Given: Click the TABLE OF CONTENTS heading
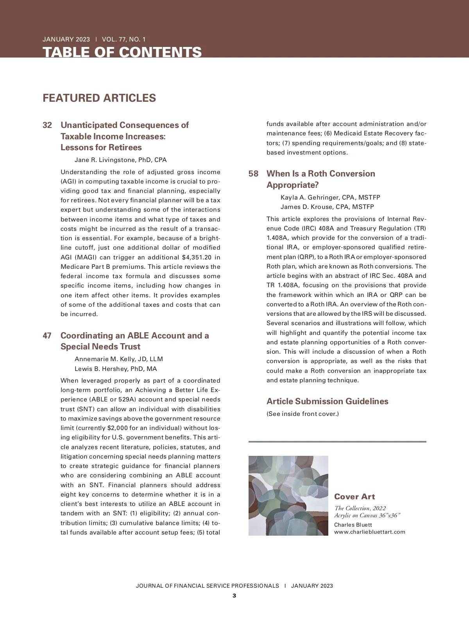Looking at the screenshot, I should [122, 52].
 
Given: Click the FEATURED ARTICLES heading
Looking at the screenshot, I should [99, 98].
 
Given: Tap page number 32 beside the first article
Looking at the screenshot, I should [47, 125].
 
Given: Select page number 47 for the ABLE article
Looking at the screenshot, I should [47, 336].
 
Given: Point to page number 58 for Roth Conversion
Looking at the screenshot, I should [253, 174].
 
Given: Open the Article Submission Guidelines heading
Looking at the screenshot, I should [327, 401].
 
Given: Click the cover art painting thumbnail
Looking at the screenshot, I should [288, 495].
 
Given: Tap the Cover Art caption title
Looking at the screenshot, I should [354, 497].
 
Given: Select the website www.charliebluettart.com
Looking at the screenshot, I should [369, 532].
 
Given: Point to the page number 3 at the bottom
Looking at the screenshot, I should [234, 596].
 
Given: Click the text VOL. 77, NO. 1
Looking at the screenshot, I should [124, 39].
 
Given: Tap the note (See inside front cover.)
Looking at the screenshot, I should [303, 414].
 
